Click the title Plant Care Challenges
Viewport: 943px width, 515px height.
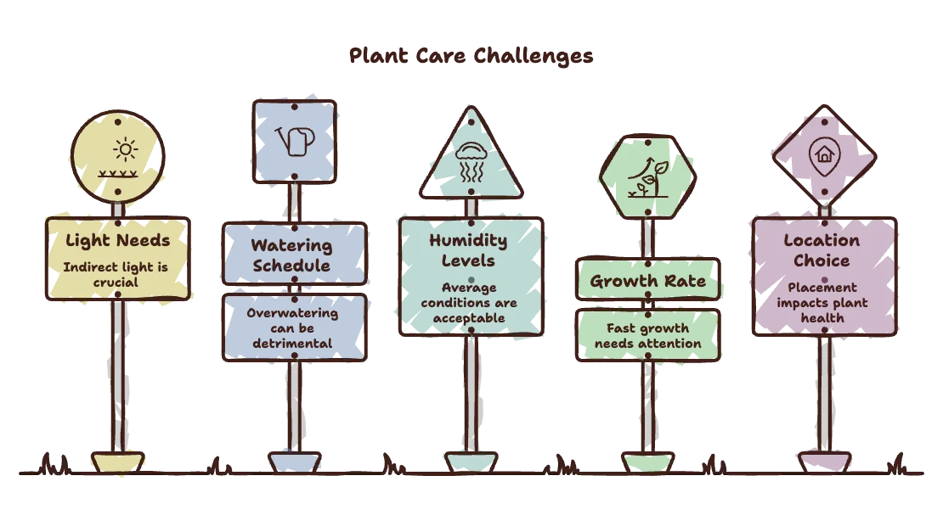471,57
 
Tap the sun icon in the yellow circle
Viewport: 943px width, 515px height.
125,149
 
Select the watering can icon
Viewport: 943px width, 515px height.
296,141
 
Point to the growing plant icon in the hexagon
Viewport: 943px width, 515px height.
647,178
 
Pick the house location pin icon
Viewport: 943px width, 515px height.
824,156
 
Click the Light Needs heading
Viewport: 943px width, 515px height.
118,241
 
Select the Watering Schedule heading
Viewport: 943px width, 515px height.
291,255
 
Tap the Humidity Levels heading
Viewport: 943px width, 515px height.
468,250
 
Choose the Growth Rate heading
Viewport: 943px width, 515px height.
647,281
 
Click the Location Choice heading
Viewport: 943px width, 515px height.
822,250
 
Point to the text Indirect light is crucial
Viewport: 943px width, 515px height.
116,275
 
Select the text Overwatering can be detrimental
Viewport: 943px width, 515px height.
292,328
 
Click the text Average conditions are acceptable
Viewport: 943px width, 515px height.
469,303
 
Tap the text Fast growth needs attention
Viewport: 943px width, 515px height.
647,336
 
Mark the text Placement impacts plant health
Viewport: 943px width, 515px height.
822,303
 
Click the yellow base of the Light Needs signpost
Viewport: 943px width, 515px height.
118,462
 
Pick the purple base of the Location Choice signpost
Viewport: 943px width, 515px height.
825,462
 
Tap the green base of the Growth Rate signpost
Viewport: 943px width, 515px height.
647,462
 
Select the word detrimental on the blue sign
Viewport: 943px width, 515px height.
292,344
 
